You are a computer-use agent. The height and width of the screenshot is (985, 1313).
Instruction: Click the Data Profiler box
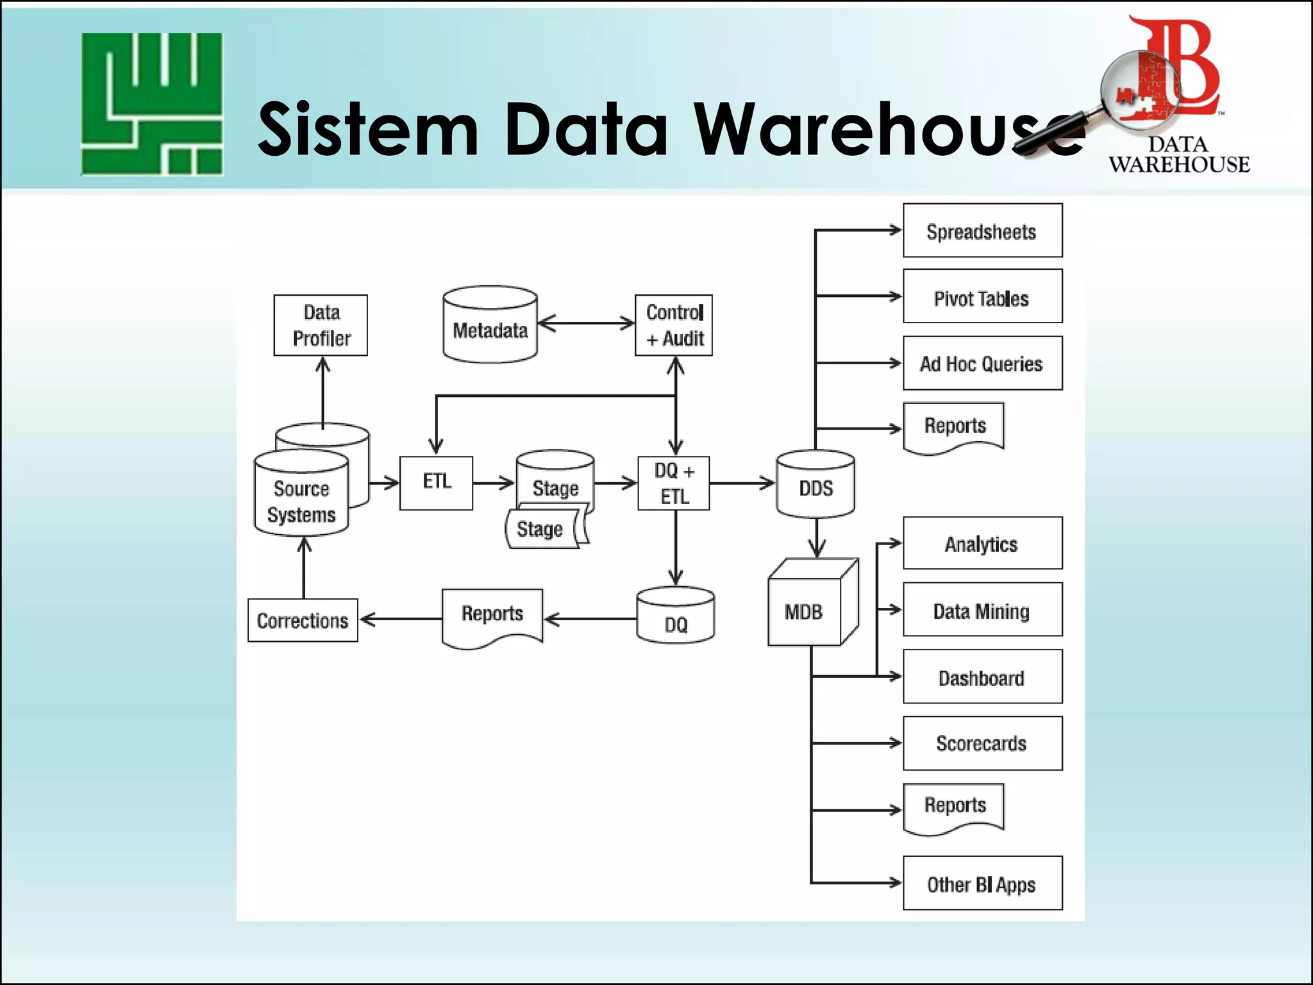pos(321,325)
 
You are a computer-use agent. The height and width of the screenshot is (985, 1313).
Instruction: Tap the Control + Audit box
pos(674,325)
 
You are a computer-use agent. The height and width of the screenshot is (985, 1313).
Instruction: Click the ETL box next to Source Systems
pos(436,483)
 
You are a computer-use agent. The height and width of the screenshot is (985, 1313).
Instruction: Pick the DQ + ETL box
pos(674,483)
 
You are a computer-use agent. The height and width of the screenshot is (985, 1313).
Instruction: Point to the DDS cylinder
pos(815,485)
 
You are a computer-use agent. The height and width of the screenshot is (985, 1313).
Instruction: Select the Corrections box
pos(303,620)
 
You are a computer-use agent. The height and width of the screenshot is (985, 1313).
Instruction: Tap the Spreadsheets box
pos(982,231)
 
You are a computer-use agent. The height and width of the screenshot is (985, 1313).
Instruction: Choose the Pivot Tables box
pos(982,297)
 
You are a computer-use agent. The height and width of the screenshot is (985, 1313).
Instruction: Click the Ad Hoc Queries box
pos(982,363)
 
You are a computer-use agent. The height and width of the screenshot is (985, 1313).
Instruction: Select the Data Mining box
pos(982,610)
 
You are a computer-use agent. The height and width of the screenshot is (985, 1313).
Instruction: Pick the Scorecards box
pos(982,743)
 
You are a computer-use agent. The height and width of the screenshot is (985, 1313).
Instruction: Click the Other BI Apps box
pos(982,883)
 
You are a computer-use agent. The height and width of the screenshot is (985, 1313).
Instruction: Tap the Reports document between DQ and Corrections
pos(492,616)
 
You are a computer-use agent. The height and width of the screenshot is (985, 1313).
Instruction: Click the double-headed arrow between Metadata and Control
pos(586,323)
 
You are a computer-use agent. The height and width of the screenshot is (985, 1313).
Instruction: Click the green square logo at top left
pos(152,104)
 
